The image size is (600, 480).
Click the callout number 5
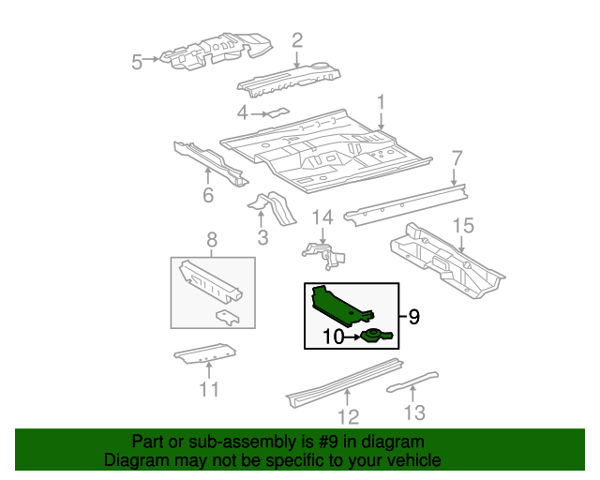coord(137,62)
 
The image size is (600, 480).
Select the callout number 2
coord(297,39)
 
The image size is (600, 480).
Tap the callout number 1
coord(382,101)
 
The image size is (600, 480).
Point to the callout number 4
coord(242,113)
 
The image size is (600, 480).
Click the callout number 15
coord(464,225)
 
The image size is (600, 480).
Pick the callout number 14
coord(322,217)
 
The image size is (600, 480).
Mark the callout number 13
coord(414,412)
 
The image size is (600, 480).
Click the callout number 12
coord(348,416)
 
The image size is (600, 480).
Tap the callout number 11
coord(209,389)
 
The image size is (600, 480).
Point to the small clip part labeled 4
coord(277,112)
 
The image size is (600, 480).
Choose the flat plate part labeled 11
coord(204,354)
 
